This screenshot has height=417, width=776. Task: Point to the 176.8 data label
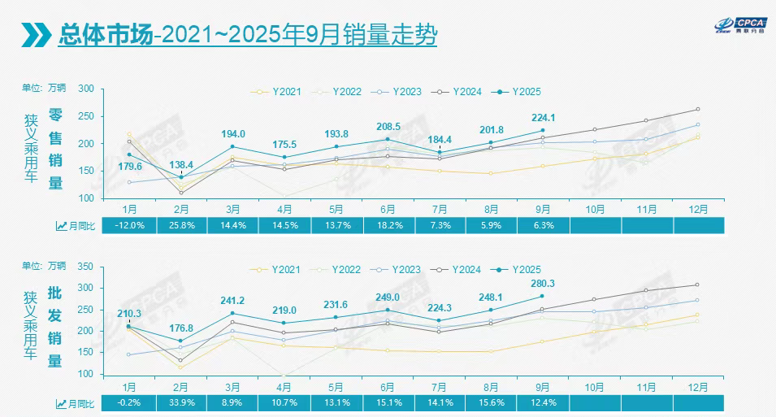(181, 328)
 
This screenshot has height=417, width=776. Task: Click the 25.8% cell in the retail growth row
(181, 226)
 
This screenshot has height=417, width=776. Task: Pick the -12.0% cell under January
(129, 226)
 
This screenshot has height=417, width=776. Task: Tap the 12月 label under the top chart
(697, 208)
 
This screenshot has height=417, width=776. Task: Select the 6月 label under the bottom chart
(388, 385)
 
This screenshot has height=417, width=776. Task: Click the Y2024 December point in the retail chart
(697, 109)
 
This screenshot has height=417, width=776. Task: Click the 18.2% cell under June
(388, 226)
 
